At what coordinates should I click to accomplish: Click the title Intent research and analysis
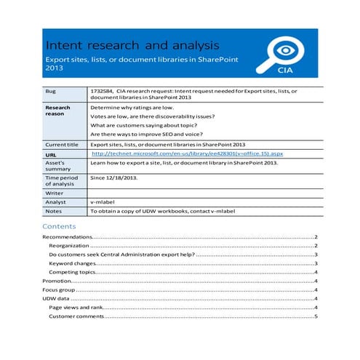click(x=126, y=46)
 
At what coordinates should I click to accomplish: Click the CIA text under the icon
click(x=286, y=71)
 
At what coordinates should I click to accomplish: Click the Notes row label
click(x=53, y=211)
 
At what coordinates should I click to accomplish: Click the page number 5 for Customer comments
click(x=316, y=316)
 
